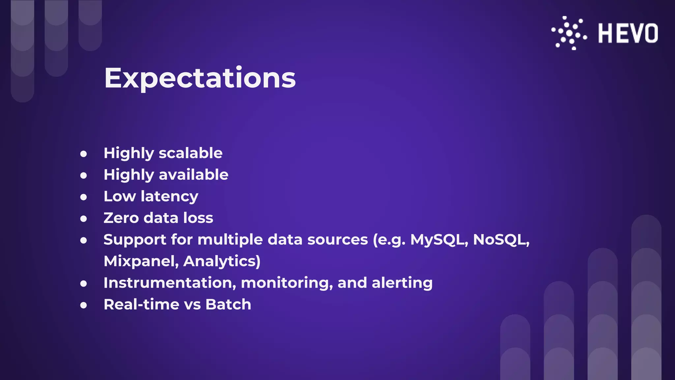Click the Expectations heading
200,78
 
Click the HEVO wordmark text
628,33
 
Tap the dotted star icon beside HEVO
569,33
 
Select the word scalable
191,153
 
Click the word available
193,174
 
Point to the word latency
169,197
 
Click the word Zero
121,218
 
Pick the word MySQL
438,240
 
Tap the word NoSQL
501,240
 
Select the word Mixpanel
141,261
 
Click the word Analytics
221,261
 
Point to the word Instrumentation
170,283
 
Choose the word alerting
402,283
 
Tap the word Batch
228,304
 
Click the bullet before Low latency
84,197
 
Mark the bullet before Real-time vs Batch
84,305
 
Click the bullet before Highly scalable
84,154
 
